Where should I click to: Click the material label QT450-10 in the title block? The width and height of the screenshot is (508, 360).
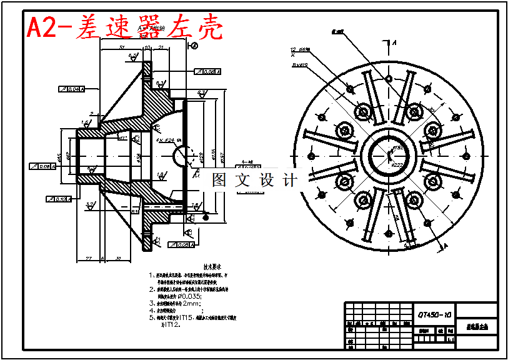point(436,314)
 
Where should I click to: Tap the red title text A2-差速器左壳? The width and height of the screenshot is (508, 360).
point(124,28)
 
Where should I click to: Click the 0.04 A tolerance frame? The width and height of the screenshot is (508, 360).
point(71,89)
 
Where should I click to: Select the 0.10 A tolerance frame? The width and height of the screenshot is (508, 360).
point(59,199)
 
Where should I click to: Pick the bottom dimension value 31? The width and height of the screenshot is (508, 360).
point(118,257)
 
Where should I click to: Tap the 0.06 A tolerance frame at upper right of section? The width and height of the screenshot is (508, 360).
point(206,72)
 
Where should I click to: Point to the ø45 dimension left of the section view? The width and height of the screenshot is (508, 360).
point(60,156)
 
